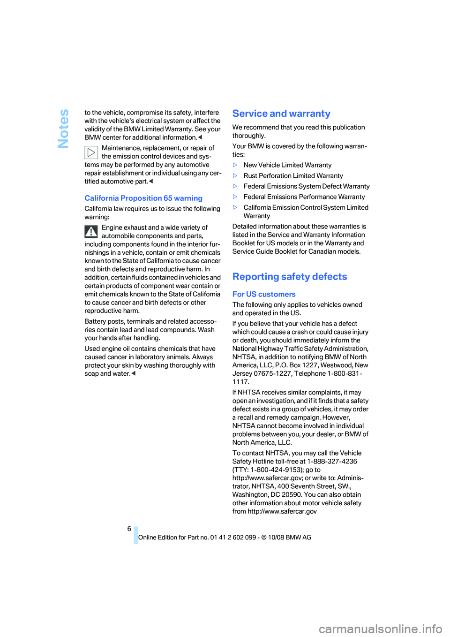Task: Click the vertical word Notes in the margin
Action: tap(63, 129)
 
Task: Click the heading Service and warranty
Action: tap(281, 114)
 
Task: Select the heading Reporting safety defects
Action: tap(290, 277)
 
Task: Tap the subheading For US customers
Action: tap(264, 294)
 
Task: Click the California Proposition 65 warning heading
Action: tap(143, 198)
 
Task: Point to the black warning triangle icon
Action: tap(91, 231)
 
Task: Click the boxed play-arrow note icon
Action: tap(91, 152)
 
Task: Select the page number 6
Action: tap(129, 529)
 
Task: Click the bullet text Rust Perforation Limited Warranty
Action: tap(293, 176)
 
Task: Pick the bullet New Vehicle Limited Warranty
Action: tap(287, 165)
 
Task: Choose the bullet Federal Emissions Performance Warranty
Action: tap(304, 197)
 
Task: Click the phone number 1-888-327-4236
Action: tap(332, 462)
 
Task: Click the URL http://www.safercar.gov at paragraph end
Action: tap(282, 512)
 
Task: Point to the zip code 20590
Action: tap(291, 495)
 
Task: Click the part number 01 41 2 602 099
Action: tap(233, 538)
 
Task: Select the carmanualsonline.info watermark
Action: tap(380, 629)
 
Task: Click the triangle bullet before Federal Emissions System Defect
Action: tap(235, 186)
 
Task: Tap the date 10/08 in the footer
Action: tap(276, 538)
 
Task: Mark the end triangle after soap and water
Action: tap(134, 374)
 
